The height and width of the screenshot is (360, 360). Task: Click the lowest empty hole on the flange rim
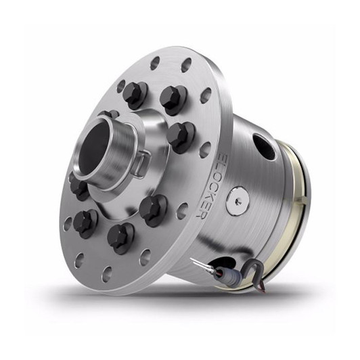tap(106, 273)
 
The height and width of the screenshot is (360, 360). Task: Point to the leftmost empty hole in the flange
tap(68, 223)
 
